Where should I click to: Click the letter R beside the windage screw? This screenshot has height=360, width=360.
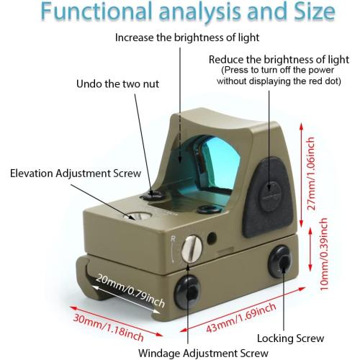(174, 238)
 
